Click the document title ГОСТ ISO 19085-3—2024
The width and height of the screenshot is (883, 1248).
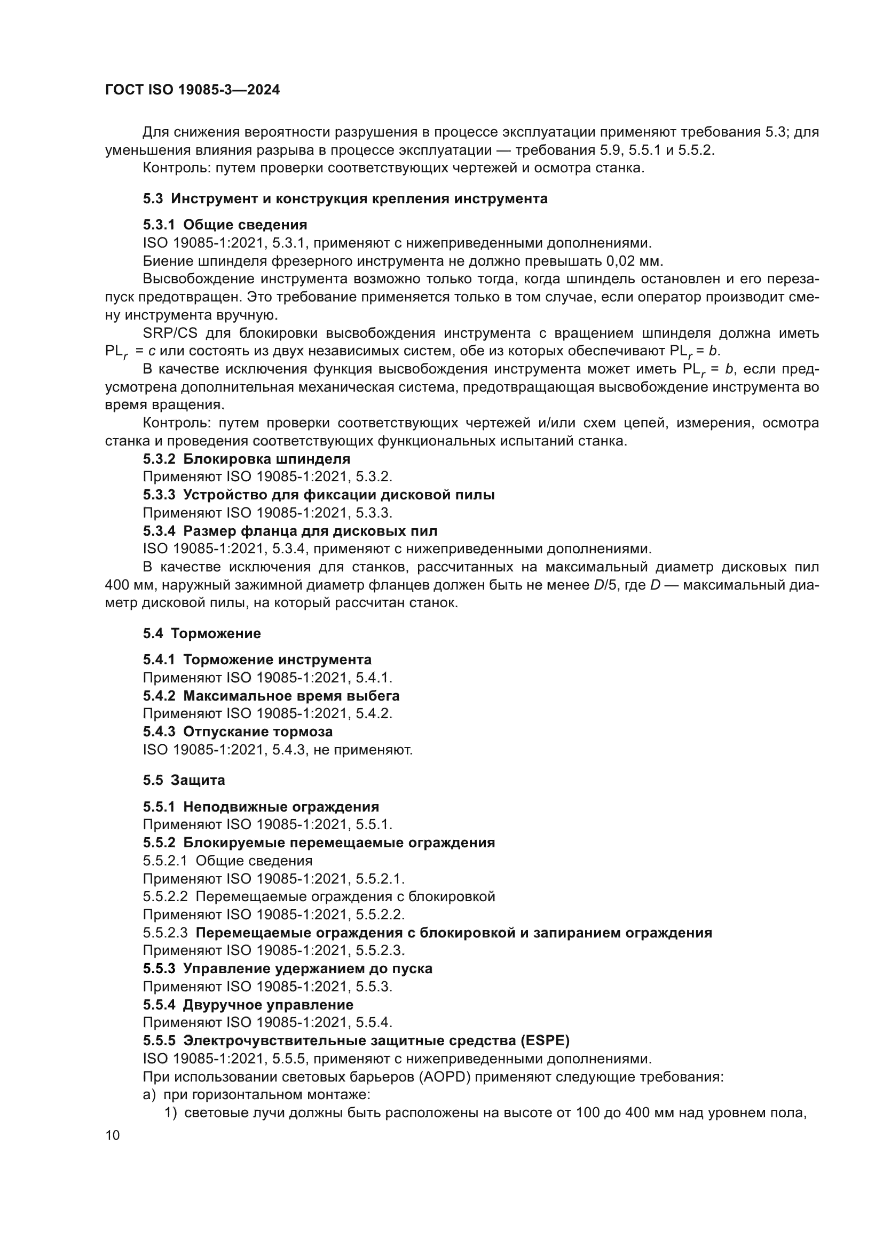click(x=193, y=90)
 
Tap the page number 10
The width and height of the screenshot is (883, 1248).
click(x=113, y=1135)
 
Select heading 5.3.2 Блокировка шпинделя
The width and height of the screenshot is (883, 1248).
click(x=247, y=459)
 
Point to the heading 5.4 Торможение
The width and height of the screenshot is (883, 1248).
click(x=202, y=633)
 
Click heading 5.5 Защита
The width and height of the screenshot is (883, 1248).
click(x=184, y=780)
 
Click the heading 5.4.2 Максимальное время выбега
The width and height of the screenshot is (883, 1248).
click(x=271, y=696)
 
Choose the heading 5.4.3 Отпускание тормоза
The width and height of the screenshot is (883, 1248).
click(x=238, y=732)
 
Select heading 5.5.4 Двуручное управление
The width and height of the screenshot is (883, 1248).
click(x=248, y=1005)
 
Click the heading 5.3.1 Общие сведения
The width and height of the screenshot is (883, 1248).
click(x=225, y=225)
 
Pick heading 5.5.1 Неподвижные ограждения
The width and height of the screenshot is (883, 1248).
click(x=261, y=807)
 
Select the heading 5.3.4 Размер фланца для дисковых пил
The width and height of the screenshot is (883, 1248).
click(x=290, y=530)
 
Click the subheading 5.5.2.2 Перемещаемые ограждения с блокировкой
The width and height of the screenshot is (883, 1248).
click(x=319, y=896)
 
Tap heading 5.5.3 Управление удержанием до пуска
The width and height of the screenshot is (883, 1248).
click(x=288, y=968)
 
